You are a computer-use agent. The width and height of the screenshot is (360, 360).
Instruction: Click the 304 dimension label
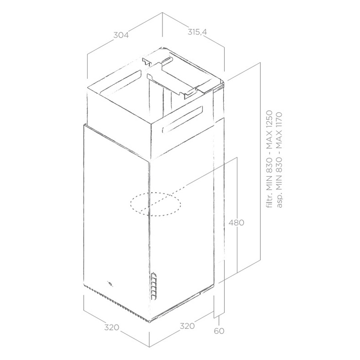[x=121, y=35]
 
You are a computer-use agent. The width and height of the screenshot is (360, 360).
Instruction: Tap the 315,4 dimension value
[x=197, y=32]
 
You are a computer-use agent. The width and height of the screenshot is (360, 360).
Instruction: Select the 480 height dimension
[x=236, y=222]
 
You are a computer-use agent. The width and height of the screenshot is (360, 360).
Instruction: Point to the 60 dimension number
[x=219, y=331]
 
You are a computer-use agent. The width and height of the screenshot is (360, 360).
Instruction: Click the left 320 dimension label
[x=112, y=327]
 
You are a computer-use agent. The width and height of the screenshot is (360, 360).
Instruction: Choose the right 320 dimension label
[x=187, y=326]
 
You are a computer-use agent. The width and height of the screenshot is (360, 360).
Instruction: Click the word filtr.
[x=269, y=200]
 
